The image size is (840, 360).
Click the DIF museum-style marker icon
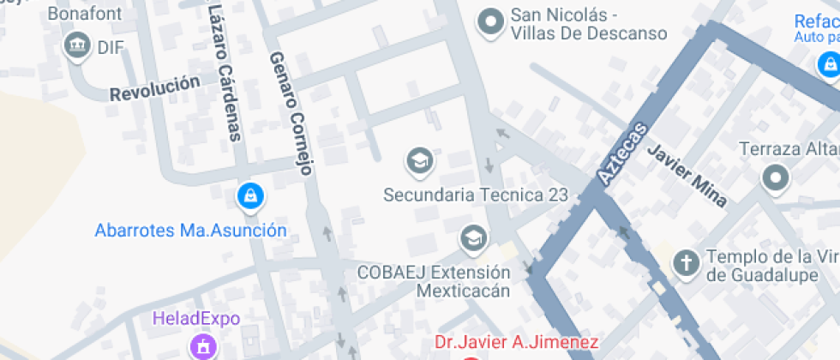coord(78,45)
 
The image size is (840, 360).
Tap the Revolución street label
coord(154,87)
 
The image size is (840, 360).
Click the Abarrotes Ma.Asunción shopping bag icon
coord(249,196)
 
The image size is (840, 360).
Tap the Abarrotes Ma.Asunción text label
coord(190,230)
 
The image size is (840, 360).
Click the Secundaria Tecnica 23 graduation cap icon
coord(419,160)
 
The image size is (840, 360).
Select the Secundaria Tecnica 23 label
coord(475,195)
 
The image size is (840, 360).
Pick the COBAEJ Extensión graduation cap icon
coord(472,238)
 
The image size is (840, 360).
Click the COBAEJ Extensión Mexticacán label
coord(434,281)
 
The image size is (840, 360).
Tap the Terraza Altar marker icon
coord(776,178)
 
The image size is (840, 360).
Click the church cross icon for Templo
coord(686,263)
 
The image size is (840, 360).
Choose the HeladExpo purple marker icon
coord(204,346)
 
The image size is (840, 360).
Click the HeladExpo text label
coord(196,319)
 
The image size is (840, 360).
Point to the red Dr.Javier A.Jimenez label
coord(516,343)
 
